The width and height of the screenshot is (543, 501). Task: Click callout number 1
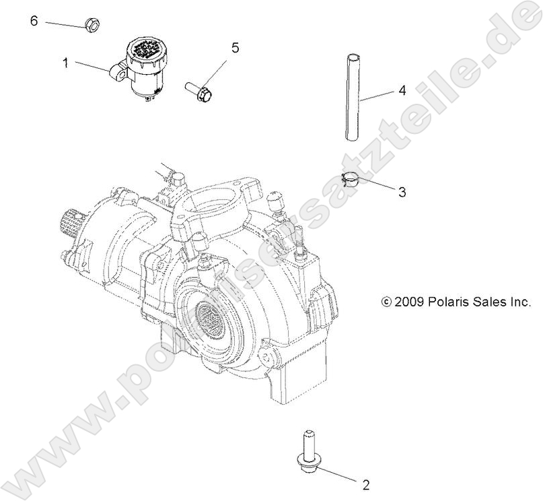[66, 63]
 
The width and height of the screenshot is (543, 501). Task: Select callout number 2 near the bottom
[366, 483]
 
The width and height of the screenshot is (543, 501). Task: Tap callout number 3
[402, 192]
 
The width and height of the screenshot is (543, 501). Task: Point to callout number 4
[402, 90]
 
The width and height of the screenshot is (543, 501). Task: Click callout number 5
[235, 48]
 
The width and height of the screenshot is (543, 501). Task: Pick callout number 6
[34, 20]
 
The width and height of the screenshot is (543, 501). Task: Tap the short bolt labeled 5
[197, 90]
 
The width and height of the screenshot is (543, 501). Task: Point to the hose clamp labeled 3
[351, 179]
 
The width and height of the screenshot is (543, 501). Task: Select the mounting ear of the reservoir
[116, 69]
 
